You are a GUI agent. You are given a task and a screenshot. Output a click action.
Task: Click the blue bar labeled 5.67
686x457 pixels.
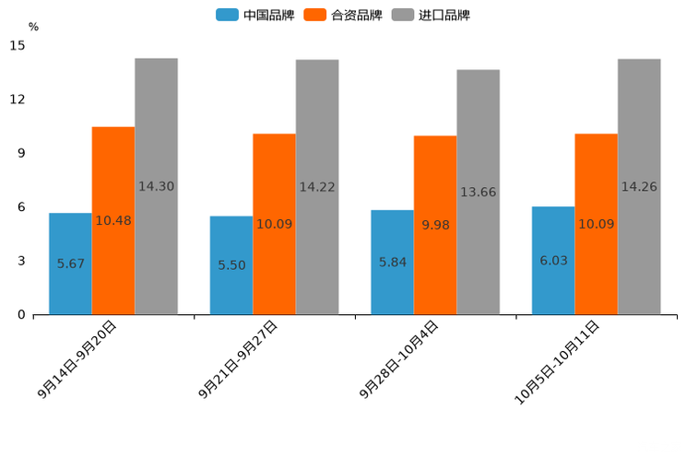(70, 264)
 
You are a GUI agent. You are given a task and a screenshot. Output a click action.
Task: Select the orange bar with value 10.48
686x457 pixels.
(113, 220)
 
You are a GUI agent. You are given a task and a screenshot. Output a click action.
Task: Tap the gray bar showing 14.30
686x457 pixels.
(156, 186)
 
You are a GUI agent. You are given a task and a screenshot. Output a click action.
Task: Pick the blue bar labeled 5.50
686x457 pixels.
(231, 265)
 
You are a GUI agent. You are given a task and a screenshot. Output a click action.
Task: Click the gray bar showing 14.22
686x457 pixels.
(317, 187)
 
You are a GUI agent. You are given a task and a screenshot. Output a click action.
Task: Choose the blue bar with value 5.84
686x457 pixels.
(392, 263)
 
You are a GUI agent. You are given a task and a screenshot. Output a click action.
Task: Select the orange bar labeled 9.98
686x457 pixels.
(435, 225)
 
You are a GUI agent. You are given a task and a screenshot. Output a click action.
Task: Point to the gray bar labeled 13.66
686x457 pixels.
(478, 192)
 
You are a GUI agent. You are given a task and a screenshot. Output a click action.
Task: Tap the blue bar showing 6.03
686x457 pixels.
(553, 261)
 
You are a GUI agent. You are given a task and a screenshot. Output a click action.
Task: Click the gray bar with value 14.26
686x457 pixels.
(639, 187)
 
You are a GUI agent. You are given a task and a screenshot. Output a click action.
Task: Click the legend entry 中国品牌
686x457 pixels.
(255, 15)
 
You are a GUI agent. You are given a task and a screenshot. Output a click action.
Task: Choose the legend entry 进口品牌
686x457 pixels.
(431, 15)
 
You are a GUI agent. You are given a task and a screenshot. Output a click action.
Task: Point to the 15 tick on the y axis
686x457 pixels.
(18, 45)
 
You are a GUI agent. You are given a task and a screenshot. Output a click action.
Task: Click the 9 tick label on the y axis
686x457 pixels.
(21, 153)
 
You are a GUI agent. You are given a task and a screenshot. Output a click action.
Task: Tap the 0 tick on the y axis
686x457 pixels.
(21, 315)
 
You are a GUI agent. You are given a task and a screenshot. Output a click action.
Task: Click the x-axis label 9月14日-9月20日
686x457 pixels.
(79, 359)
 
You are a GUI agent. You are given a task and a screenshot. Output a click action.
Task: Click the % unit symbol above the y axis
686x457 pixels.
(33, 27)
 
